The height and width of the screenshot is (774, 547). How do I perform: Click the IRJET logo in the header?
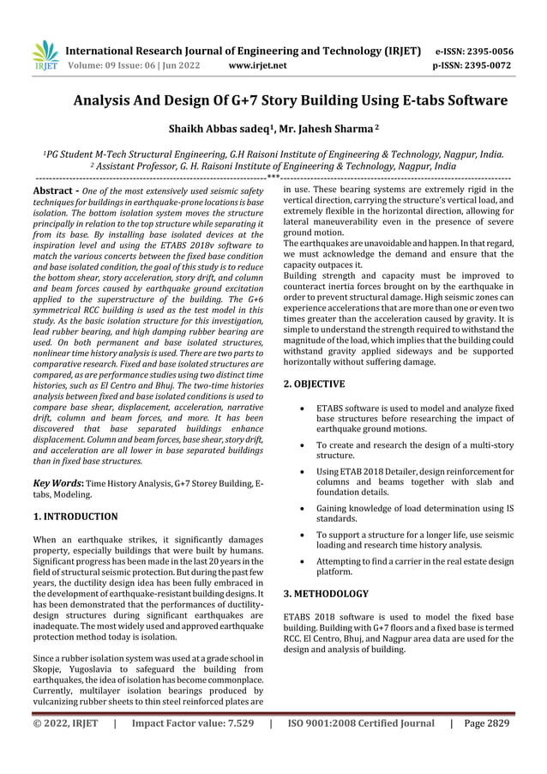click(x=43, y=55)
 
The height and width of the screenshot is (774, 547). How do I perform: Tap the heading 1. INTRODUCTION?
click(x=75, y=517)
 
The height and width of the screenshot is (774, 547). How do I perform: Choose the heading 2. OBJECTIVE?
click(x=314, y=384)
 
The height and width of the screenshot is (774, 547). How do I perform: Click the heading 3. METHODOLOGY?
click(x=326, y=593)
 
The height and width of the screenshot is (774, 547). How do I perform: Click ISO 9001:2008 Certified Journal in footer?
click(x=361, y=723)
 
